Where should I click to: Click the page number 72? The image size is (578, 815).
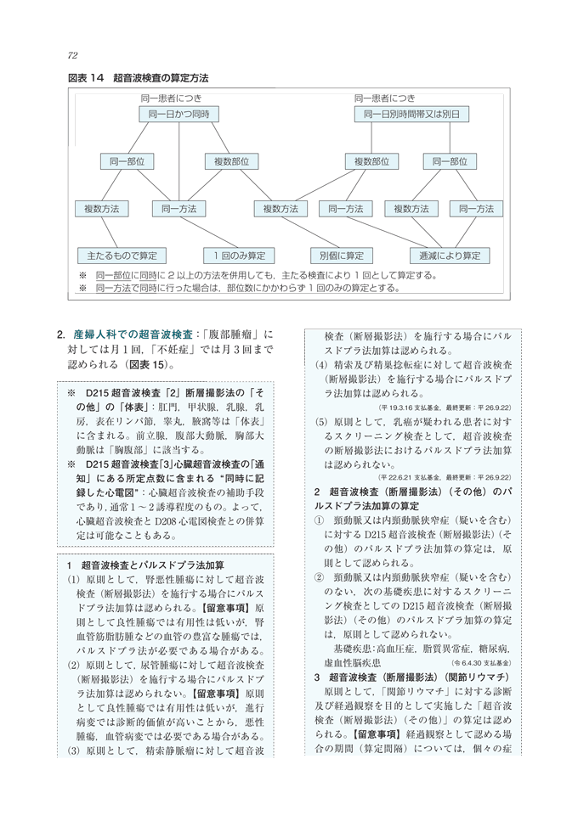click(72, 55)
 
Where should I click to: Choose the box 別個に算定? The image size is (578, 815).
click(341, 255)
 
